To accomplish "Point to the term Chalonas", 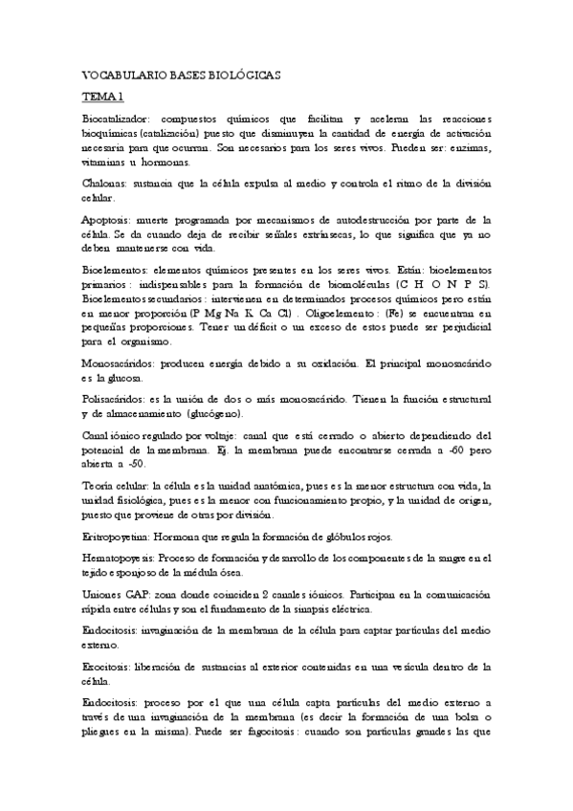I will tap(104, 184).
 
